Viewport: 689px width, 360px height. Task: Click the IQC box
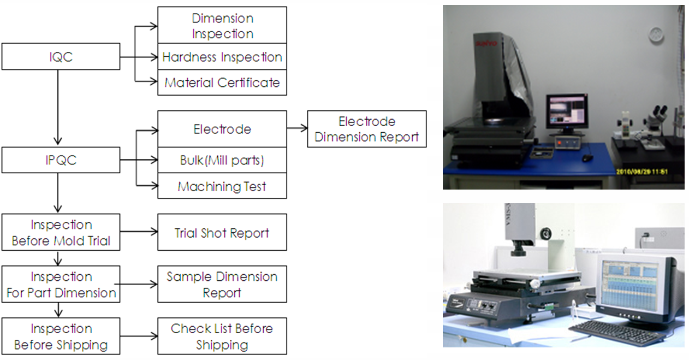point(61,57)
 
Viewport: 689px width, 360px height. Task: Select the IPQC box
point(61,160)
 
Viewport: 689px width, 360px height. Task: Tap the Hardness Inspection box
point(222,57)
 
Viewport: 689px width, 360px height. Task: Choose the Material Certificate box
point(222,82)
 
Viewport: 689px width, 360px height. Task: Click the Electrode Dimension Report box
point(366,129)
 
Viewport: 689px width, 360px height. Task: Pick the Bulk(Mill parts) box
point(222,160)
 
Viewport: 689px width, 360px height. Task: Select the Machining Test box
point(222,186)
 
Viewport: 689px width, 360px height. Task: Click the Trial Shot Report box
point(222,233)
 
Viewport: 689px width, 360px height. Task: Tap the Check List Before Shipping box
point(222,337)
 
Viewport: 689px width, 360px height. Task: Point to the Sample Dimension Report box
point(222,284)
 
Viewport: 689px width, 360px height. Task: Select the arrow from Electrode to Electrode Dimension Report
point(297,129)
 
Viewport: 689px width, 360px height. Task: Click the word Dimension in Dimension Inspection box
point(222,19)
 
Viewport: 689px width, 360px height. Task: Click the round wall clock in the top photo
point(656,34)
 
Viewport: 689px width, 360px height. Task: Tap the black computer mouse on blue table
point(587,158)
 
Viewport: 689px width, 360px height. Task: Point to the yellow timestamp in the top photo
point(642,171)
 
